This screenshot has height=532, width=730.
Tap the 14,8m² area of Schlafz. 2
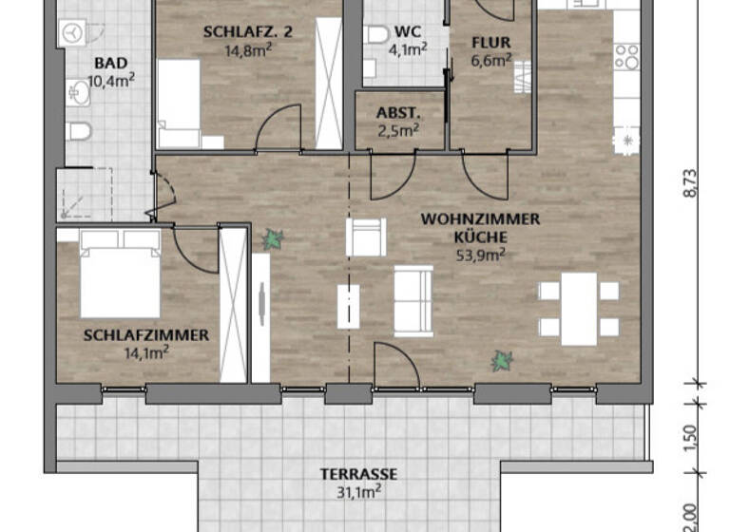point(246,51)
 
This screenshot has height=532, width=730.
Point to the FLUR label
point(491,43)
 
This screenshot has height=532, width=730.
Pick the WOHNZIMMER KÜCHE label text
point(480,227)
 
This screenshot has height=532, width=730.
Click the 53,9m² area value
point(481,254)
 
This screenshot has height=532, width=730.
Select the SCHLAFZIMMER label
point(145,335)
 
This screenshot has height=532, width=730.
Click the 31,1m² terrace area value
point(358,491)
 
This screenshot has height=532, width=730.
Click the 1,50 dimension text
point(691,438)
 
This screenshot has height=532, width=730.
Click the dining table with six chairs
point(576,309)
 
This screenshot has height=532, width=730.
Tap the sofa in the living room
point(413,300)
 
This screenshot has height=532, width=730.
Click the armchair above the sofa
point(366,237)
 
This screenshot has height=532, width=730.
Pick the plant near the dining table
point(501,360)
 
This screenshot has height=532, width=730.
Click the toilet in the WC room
point(376,36)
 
